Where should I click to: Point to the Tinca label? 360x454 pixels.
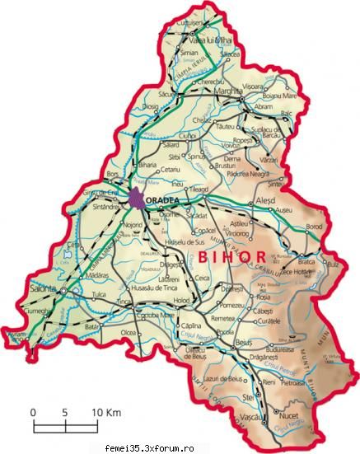point(124,302)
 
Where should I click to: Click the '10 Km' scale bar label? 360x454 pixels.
point(105,411)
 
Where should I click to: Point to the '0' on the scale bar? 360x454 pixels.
point(34,411)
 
